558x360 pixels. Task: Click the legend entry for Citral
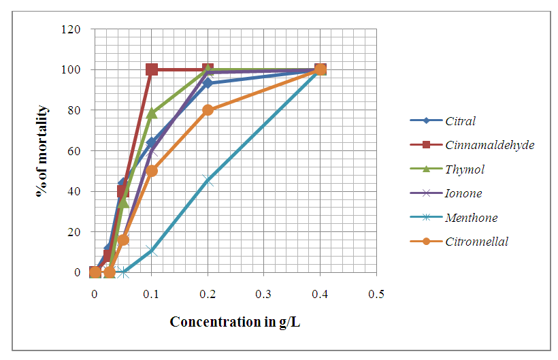[460, 122]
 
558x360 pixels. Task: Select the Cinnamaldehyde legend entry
[480, 145]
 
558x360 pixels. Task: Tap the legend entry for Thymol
[465, 169]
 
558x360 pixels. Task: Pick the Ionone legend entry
[463, 193]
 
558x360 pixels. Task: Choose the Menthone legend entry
[472, 218]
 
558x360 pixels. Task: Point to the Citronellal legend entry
[476, 242]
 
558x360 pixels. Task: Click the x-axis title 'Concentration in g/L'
[235, 321]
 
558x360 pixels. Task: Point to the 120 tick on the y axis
[71, 29]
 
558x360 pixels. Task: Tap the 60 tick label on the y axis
[74, 151]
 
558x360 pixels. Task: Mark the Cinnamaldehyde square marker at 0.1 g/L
[152, 69]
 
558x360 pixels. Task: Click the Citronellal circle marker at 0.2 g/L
[208, 110]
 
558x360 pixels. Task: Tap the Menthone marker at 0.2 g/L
[208, 181]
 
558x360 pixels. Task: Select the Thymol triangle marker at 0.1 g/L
[152, 113]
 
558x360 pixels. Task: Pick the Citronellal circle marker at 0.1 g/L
[152, 171]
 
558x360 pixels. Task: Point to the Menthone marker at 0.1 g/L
[152, 250]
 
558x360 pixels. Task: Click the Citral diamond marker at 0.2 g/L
[208, 83]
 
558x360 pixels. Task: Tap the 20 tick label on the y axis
[74, 232]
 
